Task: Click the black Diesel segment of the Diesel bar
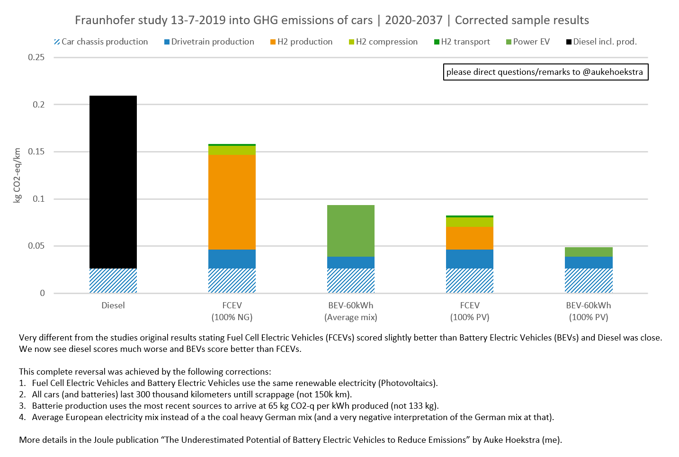click(113, 182)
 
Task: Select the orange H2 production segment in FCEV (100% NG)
click(232, 202)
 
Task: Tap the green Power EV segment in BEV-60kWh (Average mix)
click(351, 231)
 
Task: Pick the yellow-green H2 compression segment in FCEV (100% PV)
click(470, 222)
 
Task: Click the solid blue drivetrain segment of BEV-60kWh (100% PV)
click(589, 262)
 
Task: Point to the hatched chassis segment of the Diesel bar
click(113, 281)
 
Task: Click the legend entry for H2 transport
click(462, 42)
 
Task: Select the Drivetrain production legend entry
click(209, 42)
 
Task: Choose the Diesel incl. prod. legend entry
click(601, 42)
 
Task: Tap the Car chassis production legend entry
click(101, 42)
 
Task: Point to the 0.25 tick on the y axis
click(36, 57)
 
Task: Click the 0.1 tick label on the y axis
click(39, 199)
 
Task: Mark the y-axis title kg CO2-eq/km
click(18, 175)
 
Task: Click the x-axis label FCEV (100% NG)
click(232, 311)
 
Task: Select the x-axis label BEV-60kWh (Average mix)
click(351, 311)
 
